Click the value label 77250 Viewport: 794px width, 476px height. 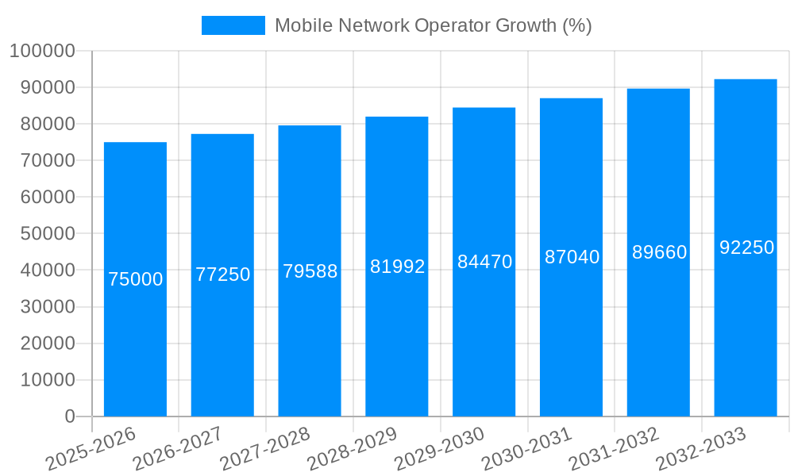[x=222, y=274]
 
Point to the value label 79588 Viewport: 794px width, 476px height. [x=310, y=271]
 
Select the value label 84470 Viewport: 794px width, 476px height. [x=484, y=262]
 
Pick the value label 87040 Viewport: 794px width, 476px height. [x=572, y=257]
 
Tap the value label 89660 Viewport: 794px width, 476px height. [x=659, y=252]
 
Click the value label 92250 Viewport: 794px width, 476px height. [x=746, y=248]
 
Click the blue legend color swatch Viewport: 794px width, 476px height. [x=233, y=25]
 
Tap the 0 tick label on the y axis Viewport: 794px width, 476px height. [x=70, y=416]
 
